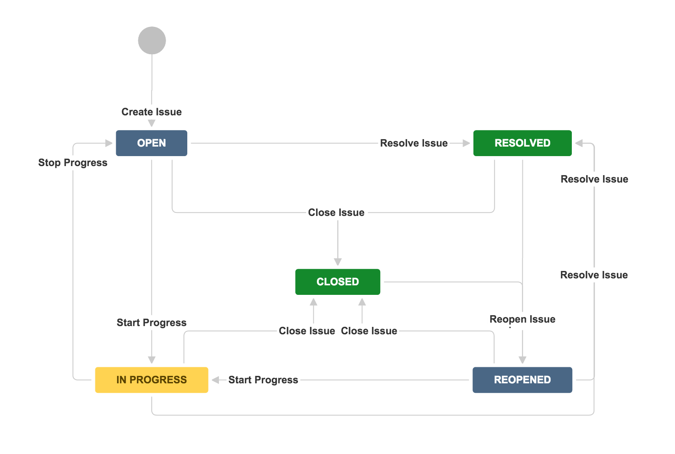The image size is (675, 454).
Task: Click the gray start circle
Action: tap(152, 40)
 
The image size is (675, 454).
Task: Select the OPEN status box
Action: tap(151, 143)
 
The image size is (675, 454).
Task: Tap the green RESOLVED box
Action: tap(522, 143)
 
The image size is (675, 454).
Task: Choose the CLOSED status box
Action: tap(337, 282)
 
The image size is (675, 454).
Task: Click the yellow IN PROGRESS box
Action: tap(151, 380)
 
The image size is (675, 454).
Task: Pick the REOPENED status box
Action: tap(522, 380)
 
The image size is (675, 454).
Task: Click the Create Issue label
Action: tap(151, 112)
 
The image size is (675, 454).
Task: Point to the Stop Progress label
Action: tap(73, 163)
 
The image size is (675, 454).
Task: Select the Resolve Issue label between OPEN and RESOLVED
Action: tap(414, 143)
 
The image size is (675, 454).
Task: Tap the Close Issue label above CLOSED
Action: tap(336, 212)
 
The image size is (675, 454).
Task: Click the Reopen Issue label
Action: tap(522, 319)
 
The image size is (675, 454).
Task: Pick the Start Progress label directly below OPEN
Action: tap(151, 323)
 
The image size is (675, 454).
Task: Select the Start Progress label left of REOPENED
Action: tap(263, 380)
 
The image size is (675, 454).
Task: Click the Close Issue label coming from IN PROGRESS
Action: tap(307, 331)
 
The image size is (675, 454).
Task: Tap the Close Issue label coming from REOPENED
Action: tap(369, 331)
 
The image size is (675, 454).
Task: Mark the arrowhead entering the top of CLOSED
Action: tap(338, 262)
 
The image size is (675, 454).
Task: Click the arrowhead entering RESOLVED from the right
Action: tap(579, 143)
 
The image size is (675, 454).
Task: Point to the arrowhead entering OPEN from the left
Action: tap(109, 143)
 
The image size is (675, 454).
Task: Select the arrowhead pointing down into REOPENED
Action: tap(522, 360)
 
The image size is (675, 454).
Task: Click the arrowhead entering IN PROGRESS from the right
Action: tap(215, 380)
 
